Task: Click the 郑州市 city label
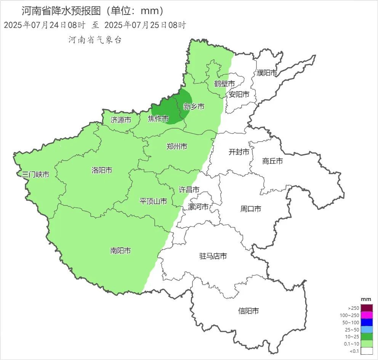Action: coord(177,147)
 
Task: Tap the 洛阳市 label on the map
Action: coord(102,170)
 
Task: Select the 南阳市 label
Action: coord(120,251)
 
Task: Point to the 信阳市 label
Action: coord(248,311)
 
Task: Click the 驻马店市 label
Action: coord(213,256)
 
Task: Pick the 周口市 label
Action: coord(251,209)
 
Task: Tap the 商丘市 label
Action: coord(272,161)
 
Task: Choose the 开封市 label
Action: coord(239,152)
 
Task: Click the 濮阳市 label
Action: coord(267,73)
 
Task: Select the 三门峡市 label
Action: coord(35,175)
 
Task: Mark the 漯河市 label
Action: coord(199,207)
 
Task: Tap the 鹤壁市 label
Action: coord(224,84)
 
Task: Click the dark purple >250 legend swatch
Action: coord(367,308)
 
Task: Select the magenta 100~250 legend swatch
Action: coord(367,315)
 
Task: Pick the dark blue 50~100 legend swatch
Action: coord(367,322)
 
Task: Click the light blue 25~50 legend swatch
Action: coord(367,330)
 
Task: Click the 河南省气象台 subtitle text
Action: coord(95,40)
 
